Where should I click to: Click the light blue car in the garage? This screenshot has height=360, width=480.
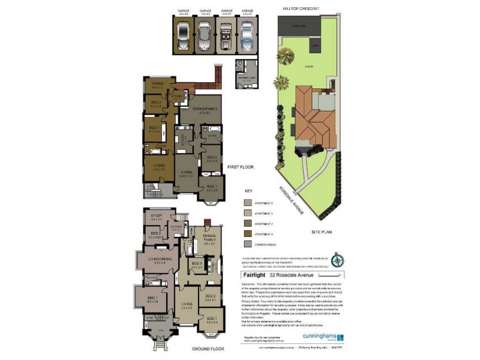click(245, 35)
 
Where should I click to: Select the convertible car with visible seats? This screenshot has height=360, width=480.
click(226, 35)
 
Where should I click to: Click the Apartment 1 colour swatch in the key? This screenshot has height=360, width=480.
click(249, 204)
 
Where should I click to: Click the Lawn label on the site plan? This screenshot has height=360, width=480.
click(310, 67)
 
